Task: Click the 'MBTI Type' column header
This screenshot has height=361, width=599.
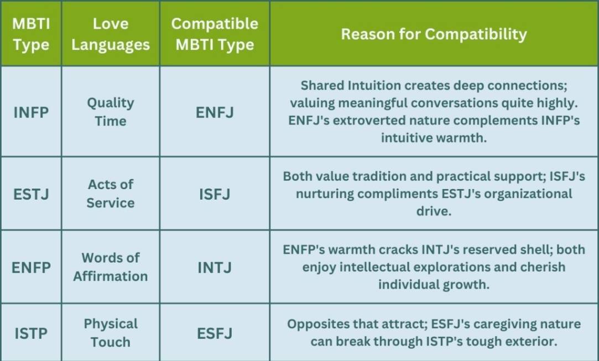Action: pyautogui.click(x=31, y=34)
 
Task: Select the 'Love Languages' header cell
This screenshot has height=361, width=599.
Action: pyautogui.click(x=111, y=34)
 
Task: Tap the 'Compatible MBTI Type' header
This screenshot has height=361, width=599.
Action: pyautogui.click(x=215, y=34)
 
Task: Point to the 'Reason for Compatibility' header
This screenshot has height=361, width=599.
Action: pyautogui.click(x=434, y=34)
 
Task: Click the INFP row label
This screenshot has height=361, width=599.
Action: pyautogui.click(x=31, y=112)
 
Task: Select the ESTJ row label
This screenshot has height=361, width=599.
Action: pyautogui.click(x=31, y=194)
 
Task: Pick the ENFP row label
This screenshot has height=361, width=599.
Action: pyautogui.click(x=31, y=268)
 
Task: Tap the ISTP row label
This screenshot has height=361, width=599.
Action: pyautogui.click(x=31, y=333)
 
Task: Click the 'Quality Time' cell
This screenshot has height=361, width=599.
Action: pyautogui.click(x=111, y=112)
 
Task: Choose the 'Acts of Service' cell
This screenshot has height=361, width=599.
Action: pyautogui.click(x=111, y=193)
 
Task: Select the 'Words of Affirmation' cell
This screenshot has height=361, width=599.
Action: pyautogui.click(x=111, y=267)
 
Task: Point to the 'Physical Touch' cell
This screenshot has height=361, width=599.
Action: pyautogui.click(x=111, y=333)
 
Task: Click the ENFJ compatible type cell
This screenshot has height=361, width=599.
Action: pyautogui.click(x=215, y=112)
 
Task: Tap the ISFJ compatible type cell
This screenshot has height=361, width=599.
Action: pyautogui.click(x=215, y=194)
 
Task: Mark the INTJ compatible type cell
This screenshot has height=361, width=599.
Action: pyautogui.click(x=215, y=268)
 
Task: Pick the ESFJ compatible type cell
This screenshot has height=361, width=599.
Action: pyautogui.click(x=215, y=333)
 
